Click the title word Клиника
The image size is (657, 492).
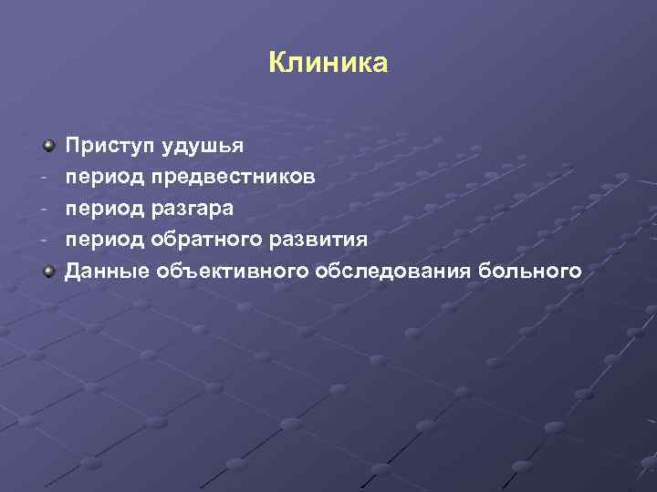click(328, 63)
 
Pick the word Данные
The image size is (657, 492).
click(108, 270)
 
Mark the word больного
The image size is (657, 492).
click(537, 270)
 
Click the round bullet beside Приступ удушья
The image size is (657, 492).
click(47, 145)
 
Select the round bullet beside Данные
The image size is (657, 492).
click(47, 270)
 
